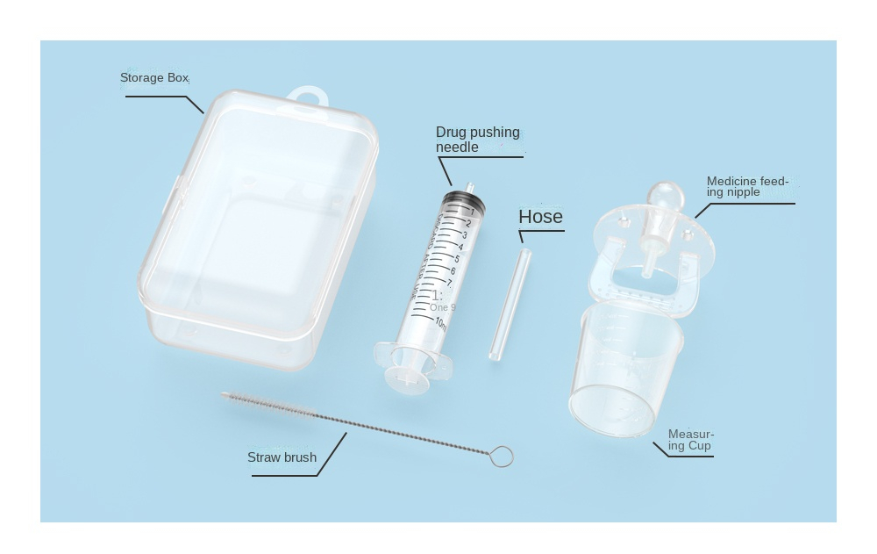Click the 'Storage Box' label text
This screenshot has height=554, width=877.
[154, 78]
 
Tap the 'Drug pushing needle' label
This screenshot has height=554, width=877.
[477, 140]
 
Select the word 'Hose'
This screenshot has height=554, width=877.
[540, 217]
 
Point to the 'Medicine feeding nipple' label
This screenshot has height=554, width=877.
[746, 186]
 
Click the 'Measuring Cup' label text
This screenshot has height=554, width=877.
[690, 440]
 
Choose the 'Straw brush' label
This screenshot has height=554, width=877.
[282, 457]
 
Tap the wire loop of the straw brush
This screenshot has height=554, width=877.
[501, 457]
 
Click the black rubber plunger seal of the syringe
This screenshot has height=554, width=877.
[463, 199]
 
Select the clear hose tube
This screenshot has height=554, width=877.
[510, 304]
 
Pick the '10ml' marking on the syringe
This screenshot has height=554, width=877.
[440, 322]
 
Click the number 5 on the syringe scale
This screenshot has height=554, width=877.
[457, 259]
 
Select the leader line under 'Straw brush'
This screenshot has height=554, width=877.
[284, 476]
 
